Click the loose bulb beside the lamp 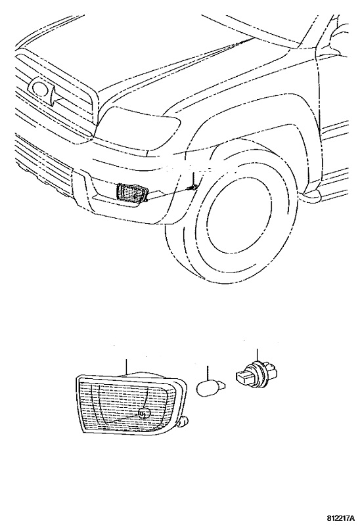pyautogui.click(x=210, y=388)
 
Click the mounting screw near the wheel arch pyautogui.click(x=194, y=188)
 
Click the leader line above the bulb pyautogui.click(x=208, y=373)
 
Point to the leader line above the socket pyautogui.click(x=257, y=355)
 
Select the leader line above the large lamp pyautogui.click(x=126, y=366)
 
